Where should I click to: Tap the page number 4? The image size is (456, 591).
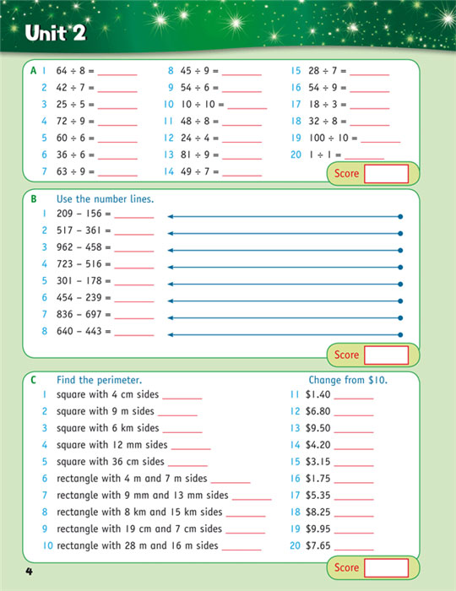28,574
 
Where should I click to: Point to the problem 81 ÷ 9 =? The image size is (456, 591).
199,155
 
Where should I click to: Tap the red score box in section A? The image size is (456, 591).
384,174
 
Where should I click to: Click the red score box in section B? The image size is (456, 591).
384,355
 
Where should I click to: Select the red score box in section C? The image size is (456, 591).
384,568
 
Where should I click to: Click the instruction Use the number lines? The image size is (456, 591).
105,199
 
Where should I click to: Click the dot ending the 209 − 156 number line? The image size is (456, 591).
400,217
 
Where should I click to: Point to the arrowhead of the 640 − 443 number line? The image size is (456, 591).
171,335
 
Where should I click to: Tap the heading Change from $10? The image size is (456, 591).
348,380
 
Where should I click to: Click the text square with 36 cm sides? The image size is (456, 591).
109,462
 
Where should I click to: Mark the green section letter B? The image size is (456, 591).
34,199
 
